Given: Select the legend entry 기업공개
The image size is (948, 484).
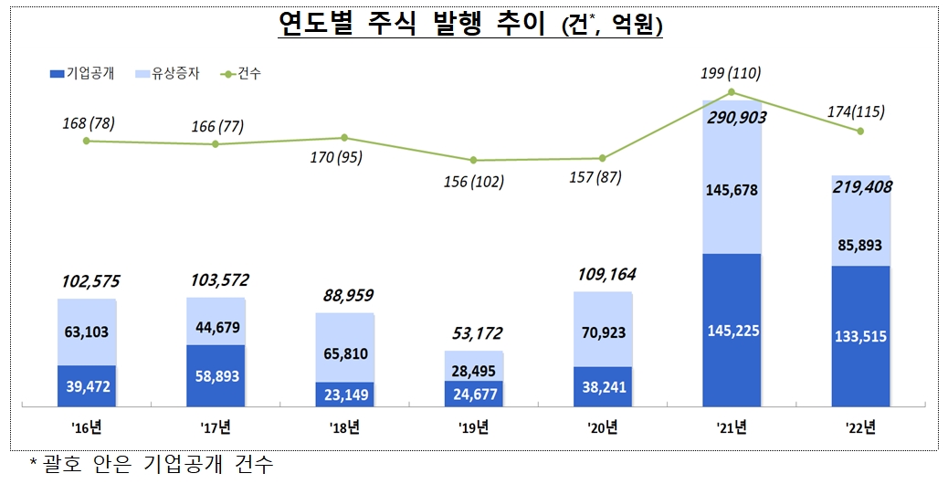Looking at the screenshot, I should pos(83,72).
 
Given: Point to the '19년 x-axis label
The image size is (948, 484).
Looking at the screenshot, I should pos(473,426).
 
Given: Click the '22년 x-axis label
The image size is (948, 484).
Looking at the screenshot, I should pos(860,426).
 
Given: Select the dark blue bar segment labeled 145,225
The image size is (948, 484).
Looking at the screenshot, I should pos(732,330).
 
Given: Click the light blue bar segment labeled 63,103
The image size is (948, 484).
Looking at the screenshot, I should pos(86,331).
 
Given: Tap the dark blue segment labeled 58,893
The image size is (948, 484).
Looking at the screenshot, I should pos(216,375).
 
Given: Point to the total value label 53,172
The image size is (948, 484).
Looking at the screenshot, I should pos(473,333).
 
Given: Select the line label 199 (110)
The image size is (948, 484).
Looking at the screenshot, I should pos(731,73).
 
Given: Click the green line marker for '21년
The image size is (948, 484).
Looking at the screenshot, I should pos(732,92).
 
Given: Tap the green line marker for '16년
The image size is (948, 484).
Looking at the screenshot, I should pos(86,141).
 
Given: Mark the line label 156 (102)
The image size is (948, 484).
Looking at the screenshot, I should pos(472,182).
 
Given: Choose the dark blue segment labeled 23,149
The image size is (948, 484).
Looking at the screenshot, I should pos(344,395).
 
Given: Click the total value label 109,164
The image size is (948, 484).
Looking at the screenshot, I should pos(602,274).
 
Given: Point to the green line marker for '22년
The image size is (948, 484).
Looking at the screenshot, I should pos(860,132).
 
